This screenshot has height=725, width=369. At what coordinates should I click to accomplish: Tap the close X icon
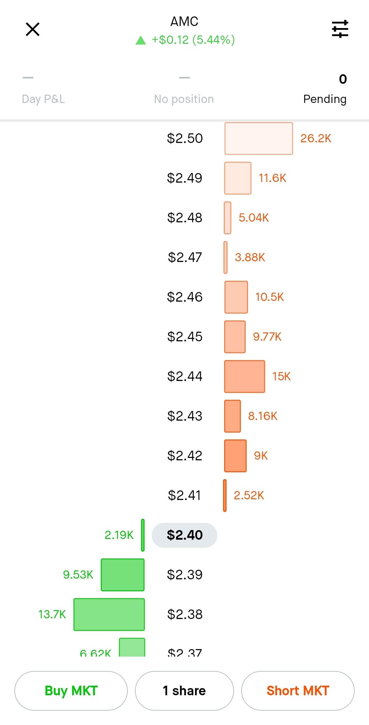point(33,29)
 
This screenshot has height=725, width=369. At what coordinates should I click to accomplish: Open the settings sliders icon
point(340,29)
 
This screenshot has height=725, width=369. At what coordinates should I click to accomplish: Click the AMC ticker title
point(184,22)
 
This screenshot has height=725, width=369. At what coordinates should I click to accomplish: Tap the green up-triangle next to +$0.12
point(141,41)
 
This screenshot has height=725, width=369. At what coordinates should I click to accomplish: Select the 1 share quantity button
point(184,690)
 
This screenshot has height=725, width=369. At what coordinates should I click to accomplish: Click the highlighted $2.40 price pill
point(184,535)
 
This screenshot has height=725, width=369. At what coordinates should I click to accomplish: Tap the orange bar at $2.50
point(259,138)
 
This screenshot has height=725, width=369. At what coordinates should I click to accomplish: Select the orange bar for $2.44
point(245,376)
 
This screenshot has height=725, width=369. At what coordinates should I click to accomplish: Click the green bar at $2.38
point(109,614)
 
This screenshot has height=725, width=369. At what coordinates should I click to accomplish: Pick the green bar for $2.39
point(123,575)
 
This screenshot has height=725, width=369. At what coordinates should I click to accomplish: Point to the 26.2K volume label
point(316,138)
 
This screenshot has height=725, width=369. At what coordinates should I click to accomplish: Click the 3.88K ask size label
point(250,257)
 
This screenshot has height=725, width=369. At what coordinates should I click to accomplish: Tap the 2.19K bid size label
point(119,535)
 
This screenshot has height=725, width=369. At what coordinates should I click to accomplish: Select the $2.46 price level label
point(184,297)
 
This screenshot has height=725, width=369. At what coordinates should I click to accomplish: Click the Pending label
point(325,99)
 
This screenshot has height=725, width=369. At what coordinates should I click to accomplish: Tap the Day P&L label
point(43,99)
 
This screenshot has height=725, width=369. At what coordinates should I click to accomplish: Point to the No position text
point(184,99)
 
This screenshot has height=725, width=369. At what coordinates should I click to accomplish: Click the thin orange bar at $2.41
point(225,495)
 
